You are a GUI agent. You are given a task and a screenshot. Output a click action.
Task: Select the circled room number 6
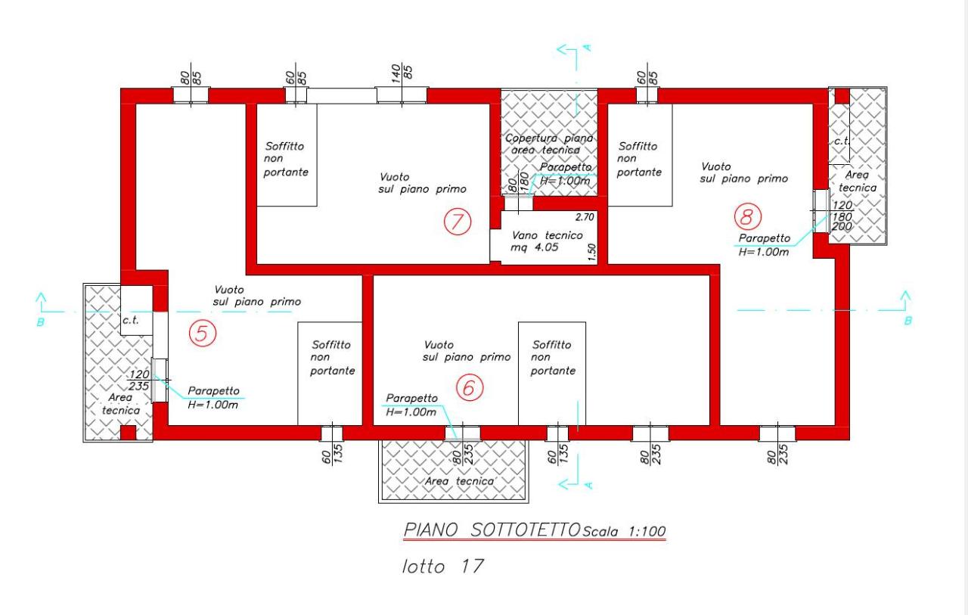pos(470,387)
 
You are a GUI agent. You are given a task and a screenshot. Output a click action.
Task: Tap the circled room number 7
pos(458,222)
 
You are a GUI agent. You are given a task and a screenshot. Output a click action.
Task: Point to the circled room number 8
pos(748,216)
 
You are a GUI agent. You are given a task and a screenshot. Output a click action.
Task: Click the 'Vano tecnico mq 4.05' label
pos(547,241)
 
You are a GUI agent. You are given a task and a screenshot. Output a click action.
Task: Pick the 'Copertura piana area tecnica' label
pos(549,144)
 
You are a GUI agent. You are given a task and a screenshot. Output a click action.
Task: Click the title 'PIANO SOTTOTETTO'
pos(492,530)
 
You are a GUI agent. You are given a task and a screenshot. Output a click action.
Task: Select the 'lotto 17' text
pos(442,566)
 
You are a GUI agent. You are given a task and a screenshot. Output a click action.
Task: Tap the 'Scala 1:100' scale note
pos(624,531)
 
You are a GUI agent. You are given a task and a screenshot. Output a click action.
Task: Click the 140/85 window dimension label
pos(402,72)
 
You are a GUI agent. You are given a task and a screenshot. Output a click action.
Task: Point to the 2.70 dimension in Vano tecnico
pos(585,217)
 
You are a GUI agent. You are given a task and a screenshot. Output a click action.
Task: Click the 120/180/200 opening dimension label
pos(842,216)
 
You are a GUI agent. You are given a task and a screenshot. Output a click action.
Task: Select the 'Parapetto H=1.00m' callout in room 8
pos(764,245)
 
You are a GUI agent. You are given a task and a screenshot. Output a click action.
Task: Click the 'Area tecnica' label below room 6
pos(459,481)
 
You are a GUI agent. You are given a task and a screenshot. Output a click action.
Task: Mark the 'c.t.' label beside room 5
pos(131,320)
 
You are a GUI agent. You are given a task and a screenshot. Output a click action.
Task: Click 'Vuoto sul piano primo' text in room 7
pos(422,183)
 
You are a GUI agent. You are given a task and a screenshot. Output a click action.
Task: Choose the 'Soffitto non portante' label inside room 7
pos(286,159)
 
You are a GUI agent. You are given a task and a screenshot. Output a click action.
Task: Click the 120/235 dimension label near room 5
pos(139,380)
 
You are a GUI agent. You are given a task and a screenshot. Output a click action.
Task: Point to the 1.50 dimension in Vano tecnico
pos(591,253)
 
